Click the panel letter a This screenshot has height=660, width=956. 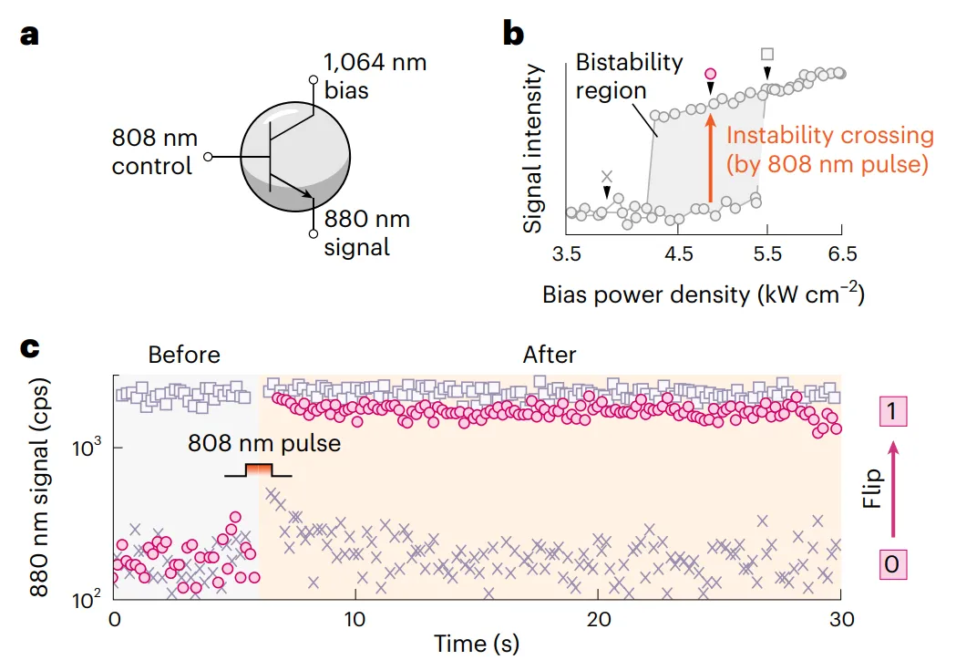coord(31,36)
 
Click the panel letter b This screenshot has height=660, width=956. coord(513,36)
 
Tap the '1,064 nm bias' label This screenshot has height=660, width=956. coord(375,77)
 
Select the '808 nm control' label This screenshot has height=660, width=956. coord(152,152)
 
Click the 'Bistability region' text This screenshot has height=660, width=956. coord(629,77)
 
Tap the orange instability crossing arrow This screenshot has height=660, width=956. coord(710,159)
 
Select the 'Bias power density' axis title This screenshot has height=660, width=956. coord(702,294)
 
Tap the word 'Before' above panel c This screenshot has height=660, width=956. coord(184,355)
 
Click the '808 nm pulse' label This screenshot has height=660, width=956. coord(264,444)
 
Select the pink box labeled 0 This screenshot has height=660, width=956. coord(892,564)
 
